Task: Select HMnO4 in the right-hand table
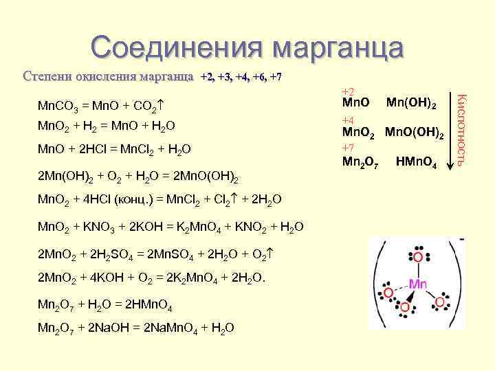tap(417, 164)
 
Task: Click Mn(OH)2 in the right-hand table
tap(412, 104)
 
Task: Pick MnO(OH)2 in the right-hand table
tap(415, 133)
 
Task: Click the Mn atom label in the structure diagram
tap(418, 283)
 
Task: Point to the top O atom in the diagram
tap(417, 257)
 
